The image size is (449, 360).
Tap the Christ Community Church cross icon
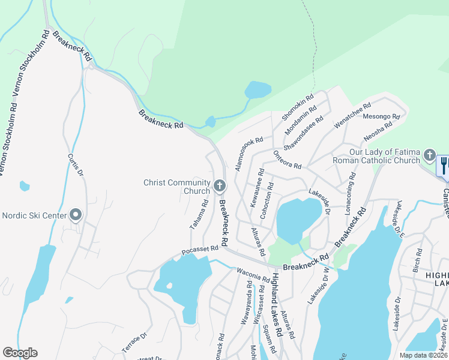219,186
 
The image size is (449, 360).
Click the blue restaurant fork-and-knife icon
444,165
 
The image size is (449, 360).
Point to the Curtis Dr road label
75,161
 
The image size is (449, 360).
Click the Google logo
20,353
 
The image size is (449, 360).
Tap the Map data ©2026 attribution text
423,355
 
